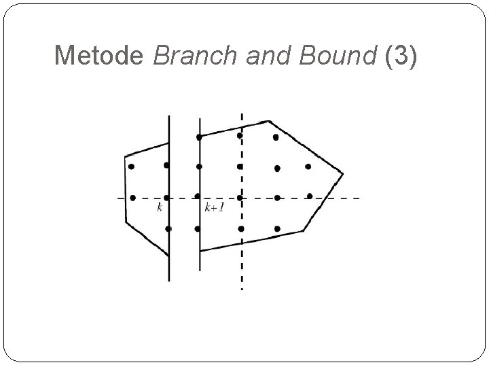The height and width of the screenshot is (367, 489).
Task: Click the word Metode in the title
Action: pos(100,55)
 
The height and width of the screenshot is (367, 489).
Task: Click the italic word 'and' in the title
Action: pos(261,55)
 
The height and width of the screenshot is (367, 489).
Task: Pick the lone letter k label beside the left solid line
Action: pos(160,207)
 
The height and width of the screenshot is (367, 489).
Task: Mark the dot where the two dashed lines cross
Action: pos(241,198)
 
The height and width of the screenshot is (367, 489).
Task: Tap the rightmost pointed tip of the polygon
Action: pos(342,173)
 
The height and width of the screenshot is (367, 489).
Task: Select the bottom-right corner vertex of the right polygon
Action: pos(302,231)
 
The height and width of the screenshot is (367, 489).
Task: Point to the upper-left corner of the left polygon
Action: pos(126,157)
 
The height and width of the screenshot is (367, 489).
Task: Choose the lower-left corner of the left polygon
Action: pos(126,221)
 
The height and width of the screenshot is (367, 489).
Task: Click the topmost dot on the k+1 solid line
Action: pos(199,137)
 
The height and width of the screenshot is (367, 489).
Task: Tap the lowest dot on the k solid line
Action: pos(168,228)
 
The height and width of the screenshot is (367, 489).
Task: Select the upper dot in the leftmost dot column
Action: pos(131,166)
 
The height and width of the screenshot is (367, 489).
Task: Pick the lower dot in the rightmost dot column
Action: pos(310,196)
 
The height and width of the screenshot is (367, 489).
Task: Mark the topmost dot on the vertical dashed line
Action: pos(240,135)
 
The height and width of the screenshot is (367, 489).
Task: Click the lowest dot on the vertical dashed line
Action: pos(241,228)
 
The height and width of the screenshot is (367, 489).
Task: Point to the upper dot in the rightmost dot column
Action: pos(308,167)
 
